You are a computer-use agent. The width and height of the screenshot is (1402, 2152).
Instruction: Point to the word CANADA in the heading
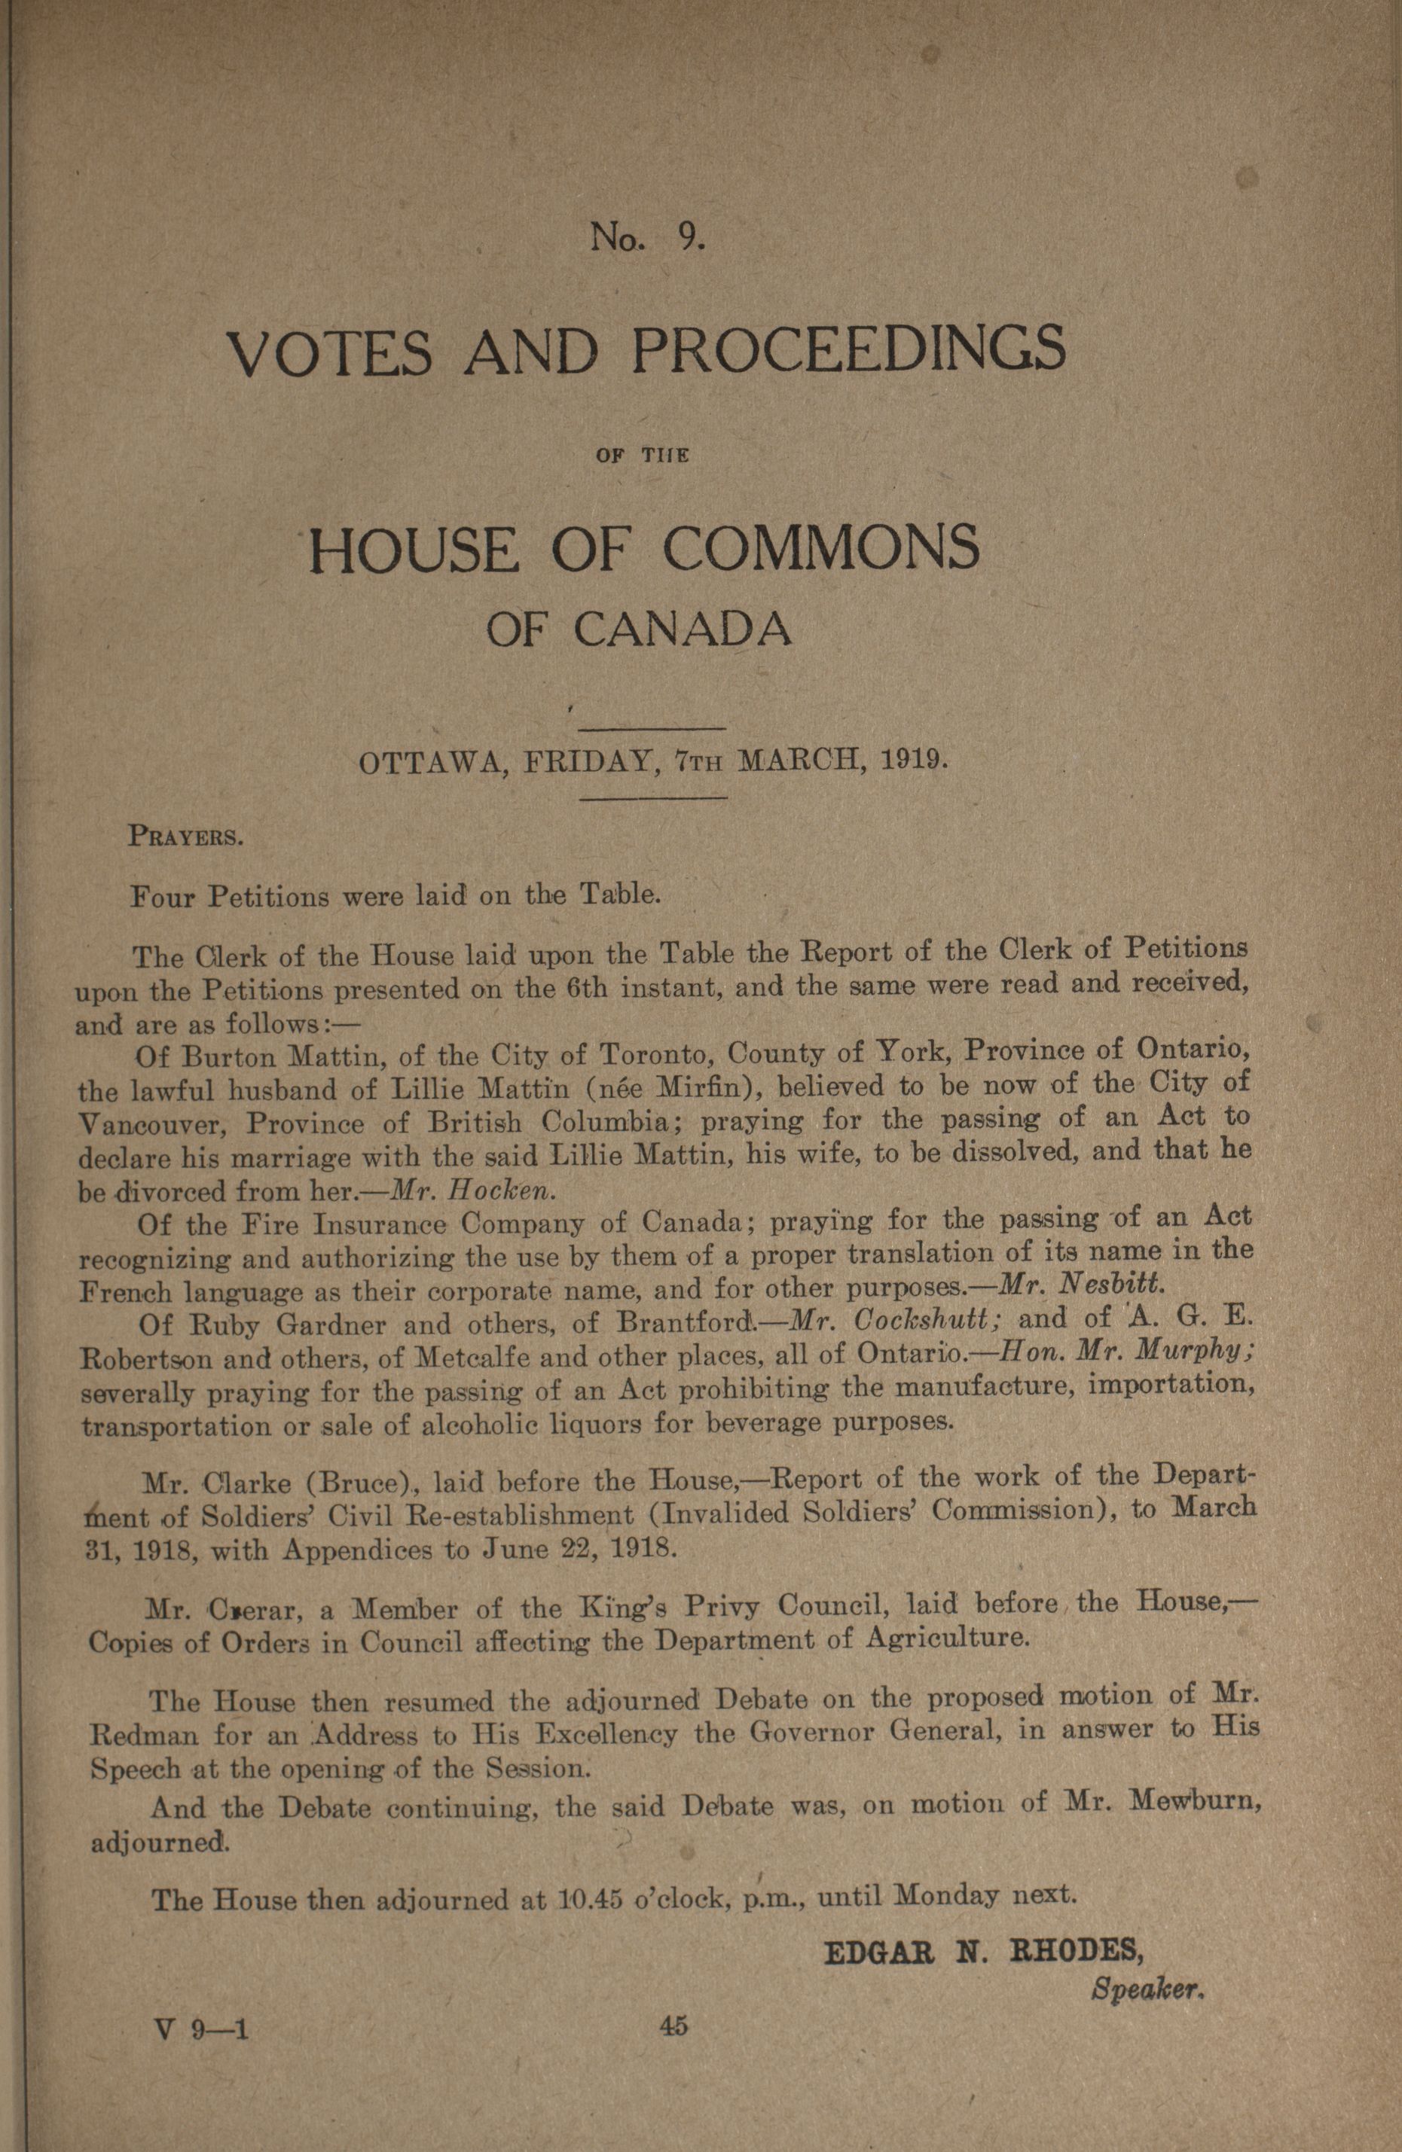click(x=683, y=630)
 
